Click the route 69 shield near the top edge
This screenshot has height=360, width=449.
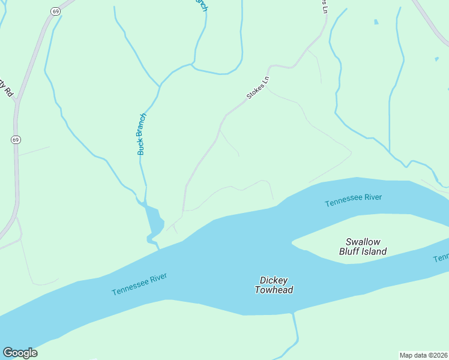pos(56,11)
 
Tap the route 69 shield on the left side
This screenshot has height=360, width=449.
pos(16,139)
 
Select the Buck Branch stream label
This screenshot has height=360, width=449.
pos(142,134)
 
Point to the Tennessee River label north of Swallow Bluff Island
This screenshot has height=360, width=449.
pos(353,200)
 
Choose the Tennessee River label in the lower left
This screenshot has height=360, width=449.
pos(139,284)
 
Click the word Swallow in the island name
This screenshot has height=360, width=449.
pos(363,242)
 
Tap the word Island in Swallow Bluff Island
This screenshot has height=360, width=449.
pos(374,251)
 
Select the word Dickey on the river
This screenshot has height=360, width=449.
pos(274,280)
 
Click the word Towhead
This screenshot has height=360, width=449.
pos(274,290)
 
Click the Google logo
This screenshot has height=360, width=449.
pos(20,353)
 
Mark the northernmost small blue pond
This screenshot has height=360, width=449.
pos(376,22)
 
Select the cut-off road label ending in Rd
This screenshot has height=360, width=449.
pos(7,90)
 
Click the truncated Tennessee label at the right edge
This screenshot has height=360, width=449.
pos(441,257)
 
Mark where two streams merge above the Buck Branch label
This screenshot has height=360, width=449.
pos(160,86)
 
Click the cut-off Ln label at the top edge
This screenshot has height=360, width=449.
pos(324,6)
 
